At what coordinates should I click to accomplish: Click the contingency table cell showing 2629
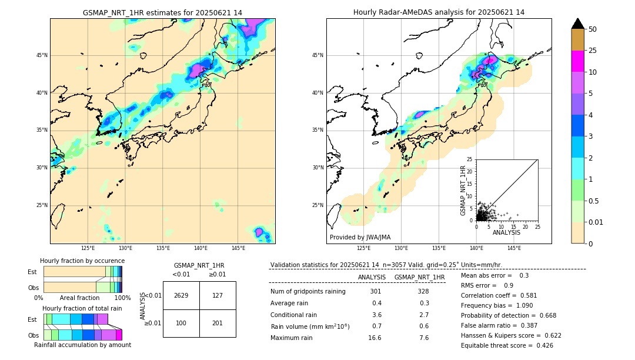[x=181, y=295]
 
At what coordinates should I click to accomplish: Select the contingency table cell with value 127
[x=218, y=295]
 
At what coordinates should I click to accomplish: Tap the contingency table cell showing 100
[x=181, y=323]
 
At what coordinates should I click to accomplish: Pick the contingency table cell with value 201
[x=218, y=323]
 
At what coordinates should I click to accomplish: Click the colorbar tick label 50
[x=593, y=29]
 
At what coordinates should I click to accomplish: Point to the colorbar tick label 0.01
[x=596, y=222]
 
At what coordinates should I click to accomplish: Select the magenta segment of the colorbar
[x=578, y=61]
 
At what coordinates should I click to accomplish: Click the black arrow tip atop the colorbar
[x=578, y=23]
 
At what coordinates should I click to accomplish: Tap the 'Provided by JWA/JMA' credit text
[x=360, y=237]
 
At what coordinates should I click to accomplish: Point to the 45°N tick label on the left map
[x=42, y=55]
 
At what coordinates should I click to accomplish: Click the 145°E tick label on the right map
[x=514, y=248]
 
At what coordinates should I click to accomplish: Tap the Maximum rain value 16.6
[x=375, y=338]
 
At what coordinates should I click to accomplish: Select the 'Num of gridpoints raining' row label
[x=308, y=291]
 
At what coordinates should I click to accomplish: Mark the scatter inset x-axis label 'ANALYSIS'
[x=506, y=233]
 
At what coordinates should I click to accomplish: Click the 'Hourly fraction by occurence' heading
[x=82, y=261]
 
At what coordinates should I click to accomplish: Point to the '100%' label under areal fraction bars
[x=122, y=298]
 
